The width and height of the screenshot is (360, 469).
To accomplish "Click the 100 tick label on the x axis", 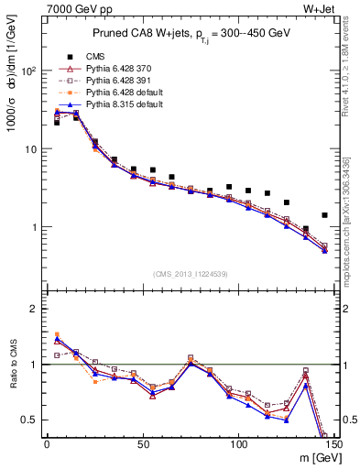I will coord(238,446).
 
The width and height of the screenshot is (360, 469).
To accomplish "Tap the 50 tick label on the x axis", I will coord(142,446).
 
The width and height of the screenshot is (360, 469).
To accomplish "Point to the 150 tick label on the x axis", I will coord(333,446).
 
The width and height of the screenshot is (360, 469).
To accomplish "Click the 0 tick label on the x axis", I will coord(47,446).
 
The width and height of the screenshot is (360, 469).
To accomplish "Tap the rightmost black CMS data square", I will coord(324,215).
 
